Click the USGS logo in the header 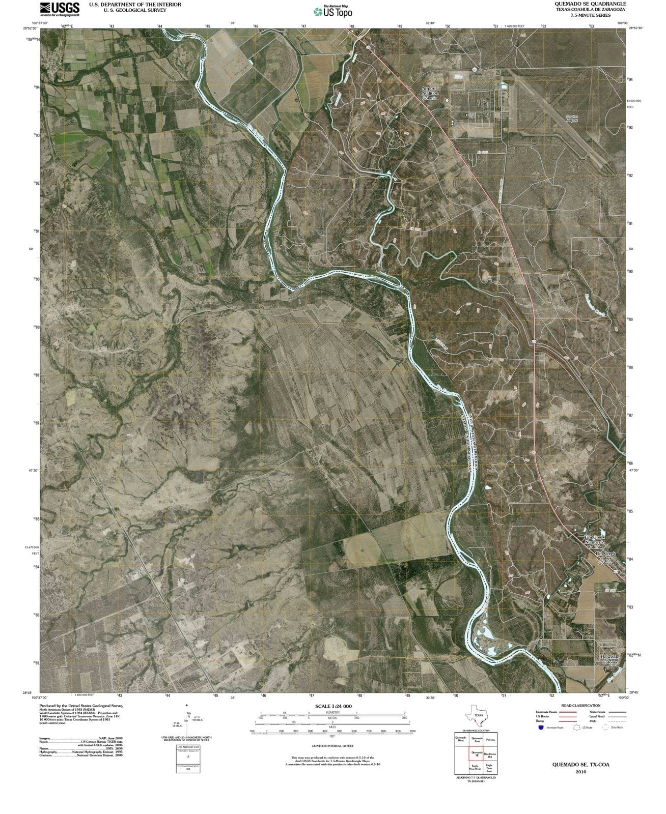[x=60, y=9]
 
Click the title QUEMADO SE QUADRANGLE [x=591, y=4]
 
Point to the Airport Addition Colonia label [x=429, y=93]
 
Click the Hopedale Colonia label [x=610, y=659]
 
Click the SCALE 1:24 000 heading [x=334, y=706]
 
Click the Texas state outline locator [x=476, y=715]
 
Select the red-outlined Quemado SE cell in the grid [x=476, y=754]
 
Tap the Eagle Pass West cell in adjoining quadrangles [x=476, y=768]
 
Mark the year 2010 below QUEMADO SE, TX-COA [x=581, y=772]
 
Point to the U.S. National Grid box [x=188, y=759]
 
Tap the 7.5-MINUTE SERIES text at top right [x=591, y=15]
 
